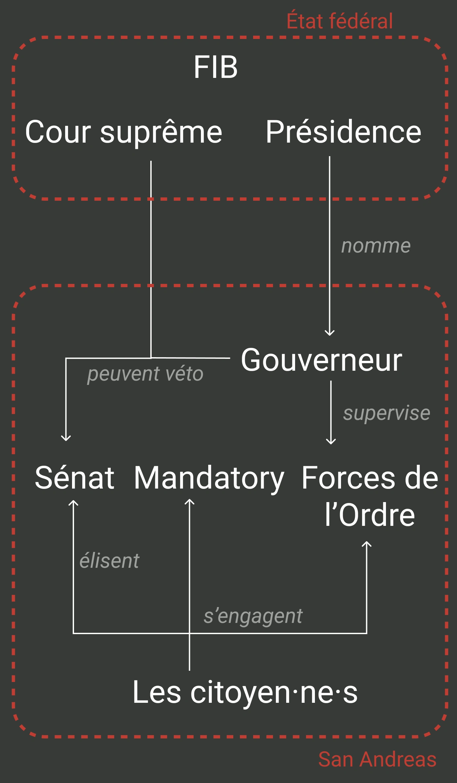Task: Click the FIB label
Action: point(215,67)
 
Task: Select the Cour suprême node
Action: point(124,132)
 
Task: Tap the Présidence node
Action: point(343,132)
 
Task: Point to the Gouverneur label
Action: point(322,360)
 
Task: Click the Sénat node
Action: point(75,478)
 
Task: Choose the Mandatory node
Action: point(209,478)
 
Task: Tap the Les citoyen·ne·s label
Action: point(245,692)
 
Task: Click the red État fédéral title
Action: point(339,21)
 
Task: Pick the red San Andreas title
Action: point(377,759)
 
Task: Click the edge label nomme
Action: point(376,246)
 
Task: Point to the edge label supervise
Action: point(387,413)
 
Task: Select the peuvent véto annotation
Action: point(145,374)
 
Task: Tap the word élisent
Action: point(109,561)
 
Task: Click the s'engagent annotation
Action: point(253,616)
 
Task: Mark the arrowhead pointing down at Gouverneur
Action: point(329,333)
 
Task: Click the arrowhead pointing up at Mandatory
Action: point(189,502)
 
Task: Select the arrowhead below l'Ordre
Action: point(366,544)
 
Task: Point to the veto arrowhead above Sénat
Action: point(66,438)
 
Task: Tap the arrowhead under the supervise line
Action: point(331,441)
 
